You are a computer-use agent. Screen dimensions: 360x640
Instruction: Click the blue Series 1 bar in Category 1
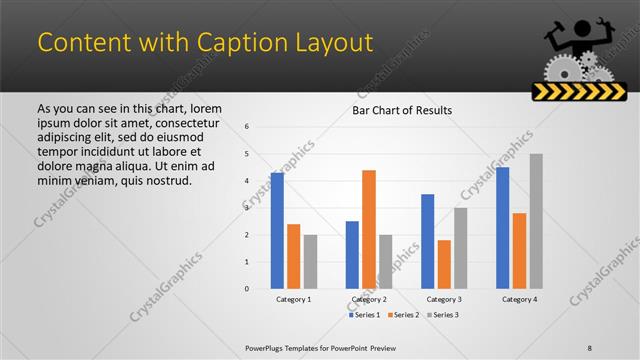pos(277,230)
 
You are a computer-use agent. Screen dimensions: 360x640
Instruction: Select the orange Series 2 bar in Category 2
pos(369,229)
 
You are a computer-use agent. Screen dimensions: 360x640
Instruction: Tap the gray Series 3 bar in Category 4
pos(536,221)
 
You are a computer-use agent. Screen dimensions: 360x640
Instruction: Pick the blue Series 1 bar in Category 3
pos(428,241)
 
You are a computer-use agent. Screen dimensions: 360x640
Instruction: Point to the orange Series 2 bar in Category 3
pos(444,264)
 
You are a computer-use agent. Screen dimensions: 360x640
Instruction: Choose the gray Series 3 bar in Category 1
pos(311,261)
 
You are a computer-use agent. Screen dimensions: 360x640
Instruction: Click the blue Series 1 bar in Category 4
pos(502,227)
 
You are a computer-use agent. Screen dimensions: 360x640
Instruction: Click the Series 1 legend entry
pos(367,315)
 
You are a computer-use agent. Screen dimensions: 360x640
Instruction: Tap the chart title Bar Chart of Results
pos(402,110)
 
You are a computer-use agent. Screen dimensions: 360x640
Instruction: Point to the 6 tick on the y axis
pos(247,126)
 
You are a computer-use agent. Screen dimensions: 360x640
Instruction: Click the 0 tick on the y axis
pos(247,288)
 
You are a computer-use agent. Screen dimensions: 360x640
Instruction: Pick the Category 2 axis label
pos(369,299)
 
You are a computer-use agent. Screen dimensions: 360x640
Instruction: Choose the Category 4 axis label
pos(519,299)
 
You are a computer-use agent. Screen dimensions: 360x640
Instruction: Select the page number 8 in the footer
pos(590,347)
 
